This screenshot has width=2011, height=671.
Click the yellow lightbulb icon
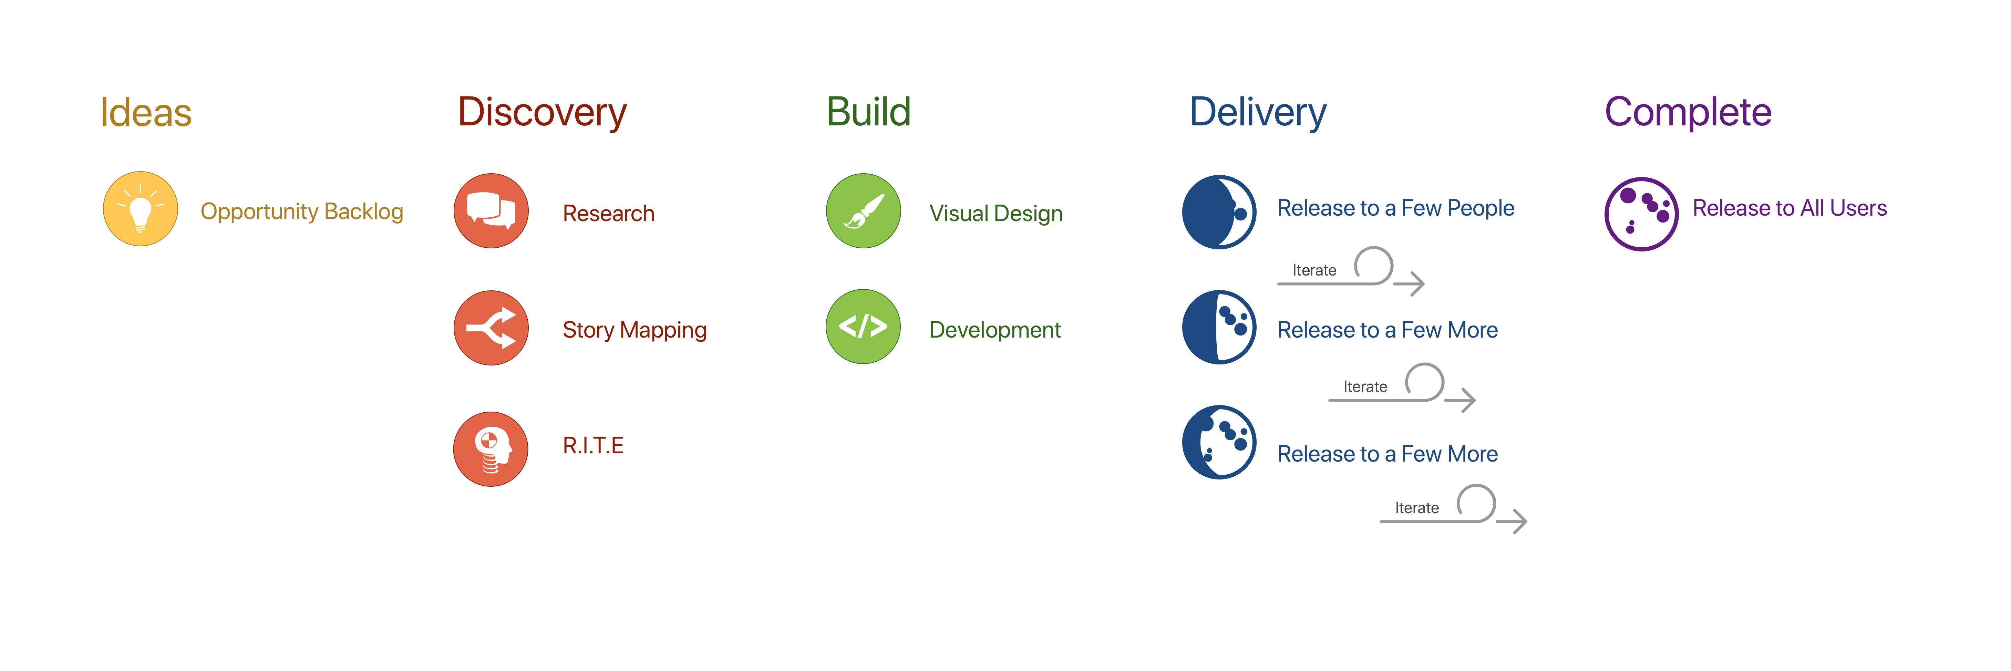point(141,209)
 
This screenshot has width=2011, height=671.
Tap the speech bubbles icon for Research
point(491,211)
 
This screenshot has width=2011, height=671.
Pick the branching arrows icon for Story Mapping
point(491,328)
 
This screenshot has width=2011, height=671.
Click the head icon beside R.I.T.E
point(491,450)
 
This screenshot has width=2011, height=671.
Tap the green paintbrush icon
point(864,211)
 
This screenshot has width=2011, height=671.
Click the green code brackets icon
point(864,326)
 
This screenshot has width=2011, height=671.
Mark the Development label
point(994,330)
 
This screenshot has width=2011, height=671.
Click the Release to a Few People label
point(1395,208)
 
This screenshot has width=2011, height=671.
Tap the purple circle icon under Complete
point(1641,214)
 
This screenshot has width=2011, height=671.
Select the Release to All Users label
point(1789,208)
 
